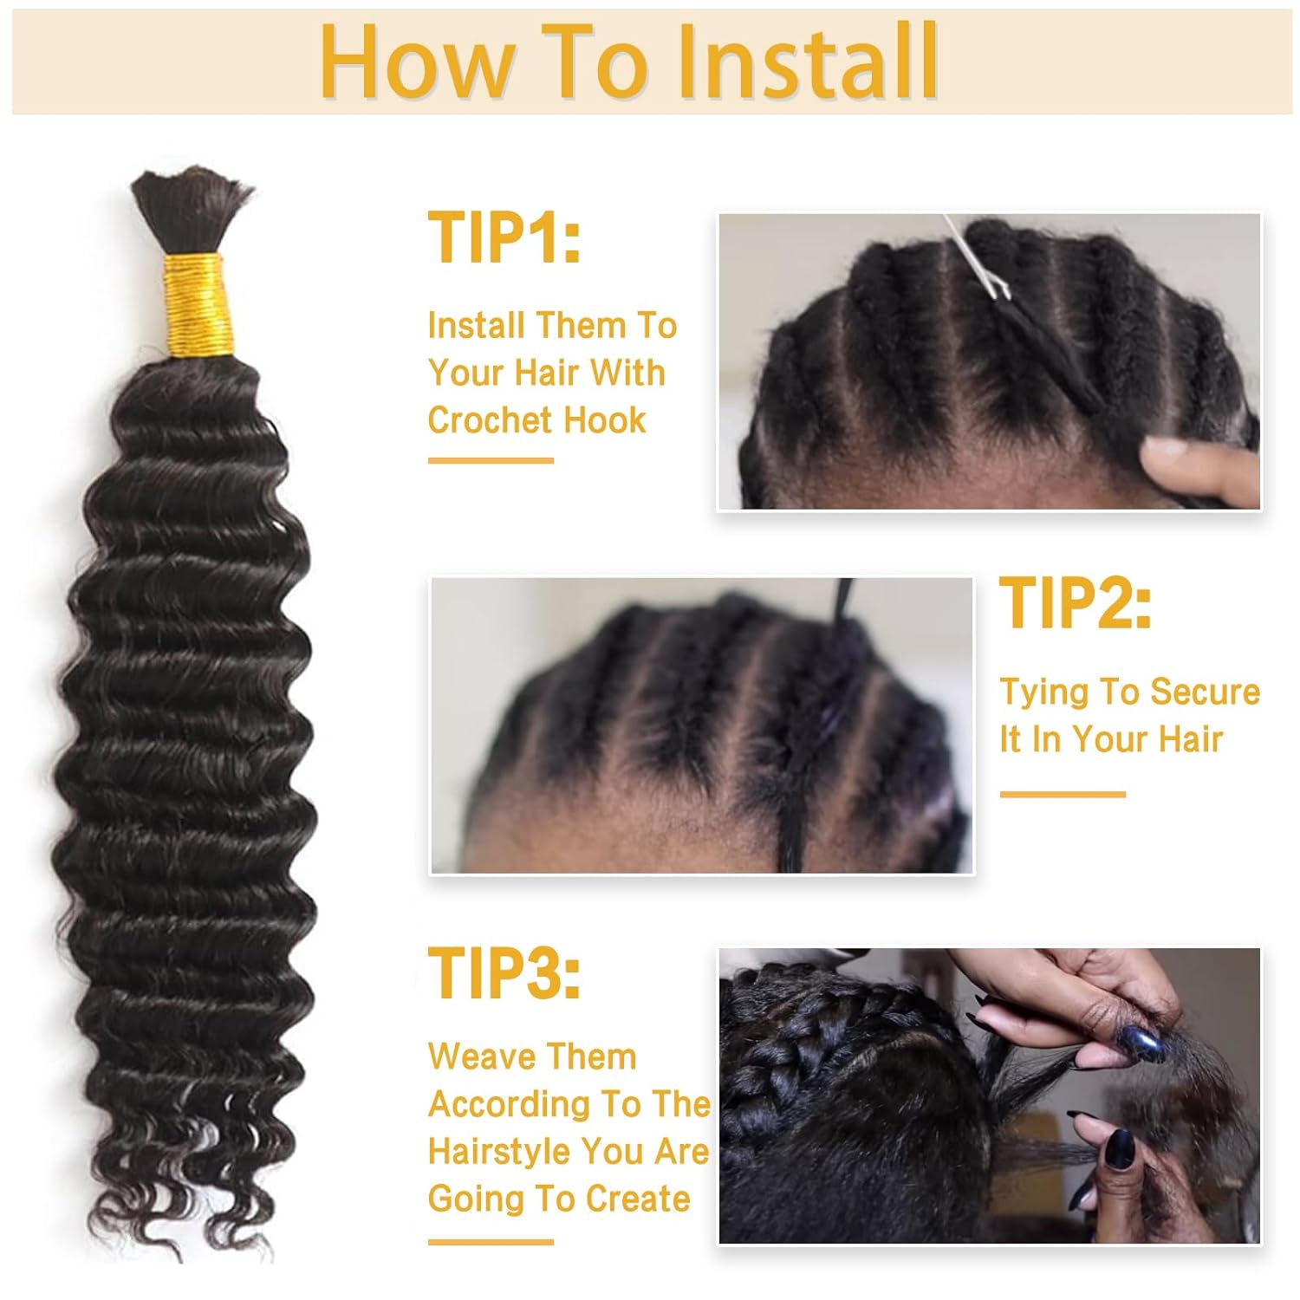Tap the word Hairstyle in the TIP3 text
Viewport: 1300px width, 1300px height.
(x=498, y=1152)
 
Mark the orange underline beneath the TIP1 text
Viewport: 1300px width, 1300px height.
(x=491, y=460)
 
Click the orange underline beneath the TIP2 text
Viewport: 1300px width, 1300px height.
(x=1063, y=794)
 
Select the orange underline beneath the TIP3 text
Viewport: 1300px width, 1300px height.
(x=491, y=1242)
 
